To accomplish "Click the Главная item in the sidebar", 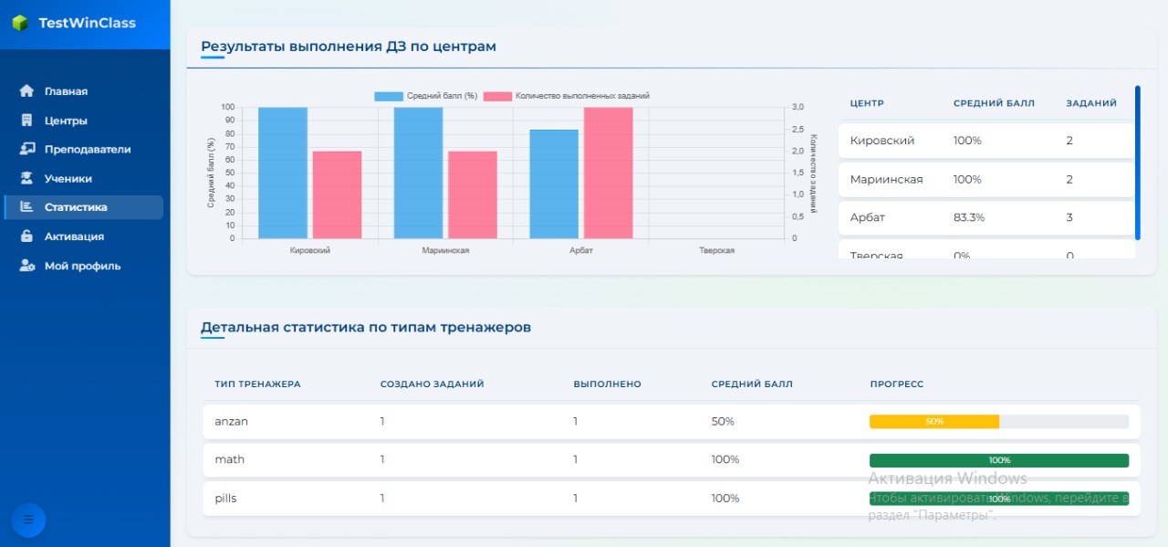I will [x=65, y=91].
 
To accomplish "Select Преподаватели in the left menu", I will [x=87, y=149].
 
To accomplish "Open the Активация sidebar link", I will [x=73, y=237].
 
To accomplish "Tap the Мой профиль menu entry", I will [x=81, y=266].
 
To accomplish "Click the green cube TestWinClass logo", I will [x=20, y=23].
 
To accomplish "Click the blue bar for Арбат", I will [x=555, y=184].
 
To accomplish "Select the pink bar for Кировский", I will [x=337, y=195].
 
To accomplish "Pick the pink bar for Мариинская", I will [x=473, y=195].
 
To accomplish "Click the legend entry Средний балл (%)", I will [x=426, y=96].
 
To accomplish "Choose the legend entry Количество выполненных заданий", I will [x=567, y=96].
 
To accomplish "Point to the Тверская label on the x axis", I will [x=716, y=250].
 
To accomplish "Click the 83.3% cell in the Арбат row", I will [x=969, y=217].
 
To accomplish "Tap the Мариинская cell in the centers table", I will [x=886, y=179].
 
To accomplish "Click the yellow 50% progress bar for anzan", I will [x=934, y=422].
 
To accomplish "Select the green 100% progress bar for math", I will [x=999, y=460].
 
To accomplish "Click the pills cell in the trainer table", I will [x=225, y=499].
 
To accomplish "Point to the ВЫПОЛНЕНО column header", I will [x=607, y=384].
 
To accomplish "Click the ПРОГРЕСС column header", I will [x=896, y=384].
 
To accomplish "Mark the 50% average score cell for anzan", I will [x=723, y=422].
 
